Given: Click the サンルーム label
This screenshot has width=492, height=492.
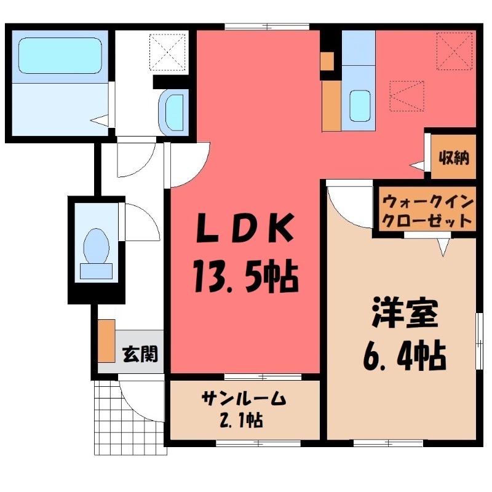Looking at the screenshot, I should [x=244, y=399].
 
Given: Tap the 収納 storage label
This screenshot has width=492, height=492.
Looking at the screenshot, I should [x=454, y=157].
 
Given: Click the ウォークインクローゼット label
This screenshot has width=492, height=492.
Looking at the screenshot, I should [x=427, y=211].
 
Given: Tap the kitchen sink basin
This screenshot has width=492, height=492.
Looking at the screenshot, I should [x=359, y=106].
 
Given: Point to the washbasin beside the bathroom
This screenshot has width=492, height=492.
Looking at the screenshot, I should [x=174, y=112].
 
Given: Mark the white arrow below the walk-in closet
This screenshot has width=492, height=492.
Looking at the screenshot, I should [x=443, y=247].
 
